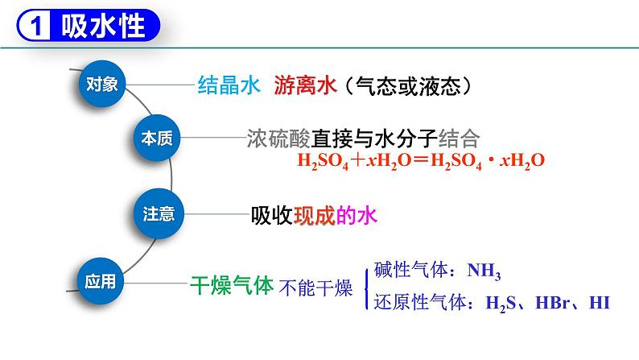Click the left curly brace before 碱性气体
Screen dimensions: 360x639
367,288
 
